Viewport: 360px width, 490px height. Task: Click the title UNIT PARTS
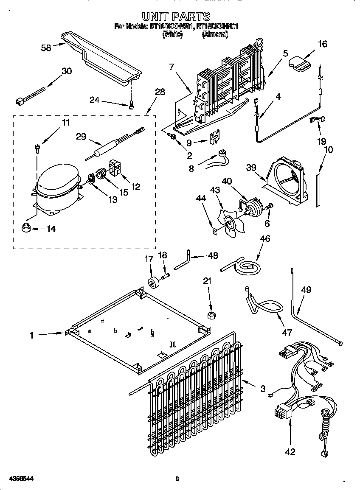176,16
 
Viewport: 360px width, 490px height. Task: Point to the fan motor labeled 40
254,207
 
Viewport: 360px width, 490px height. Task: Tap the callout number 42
290,451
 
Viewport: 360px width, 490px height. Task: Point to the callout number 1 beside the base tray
31,335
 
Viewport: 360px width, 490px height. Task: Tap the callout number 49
306,290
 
